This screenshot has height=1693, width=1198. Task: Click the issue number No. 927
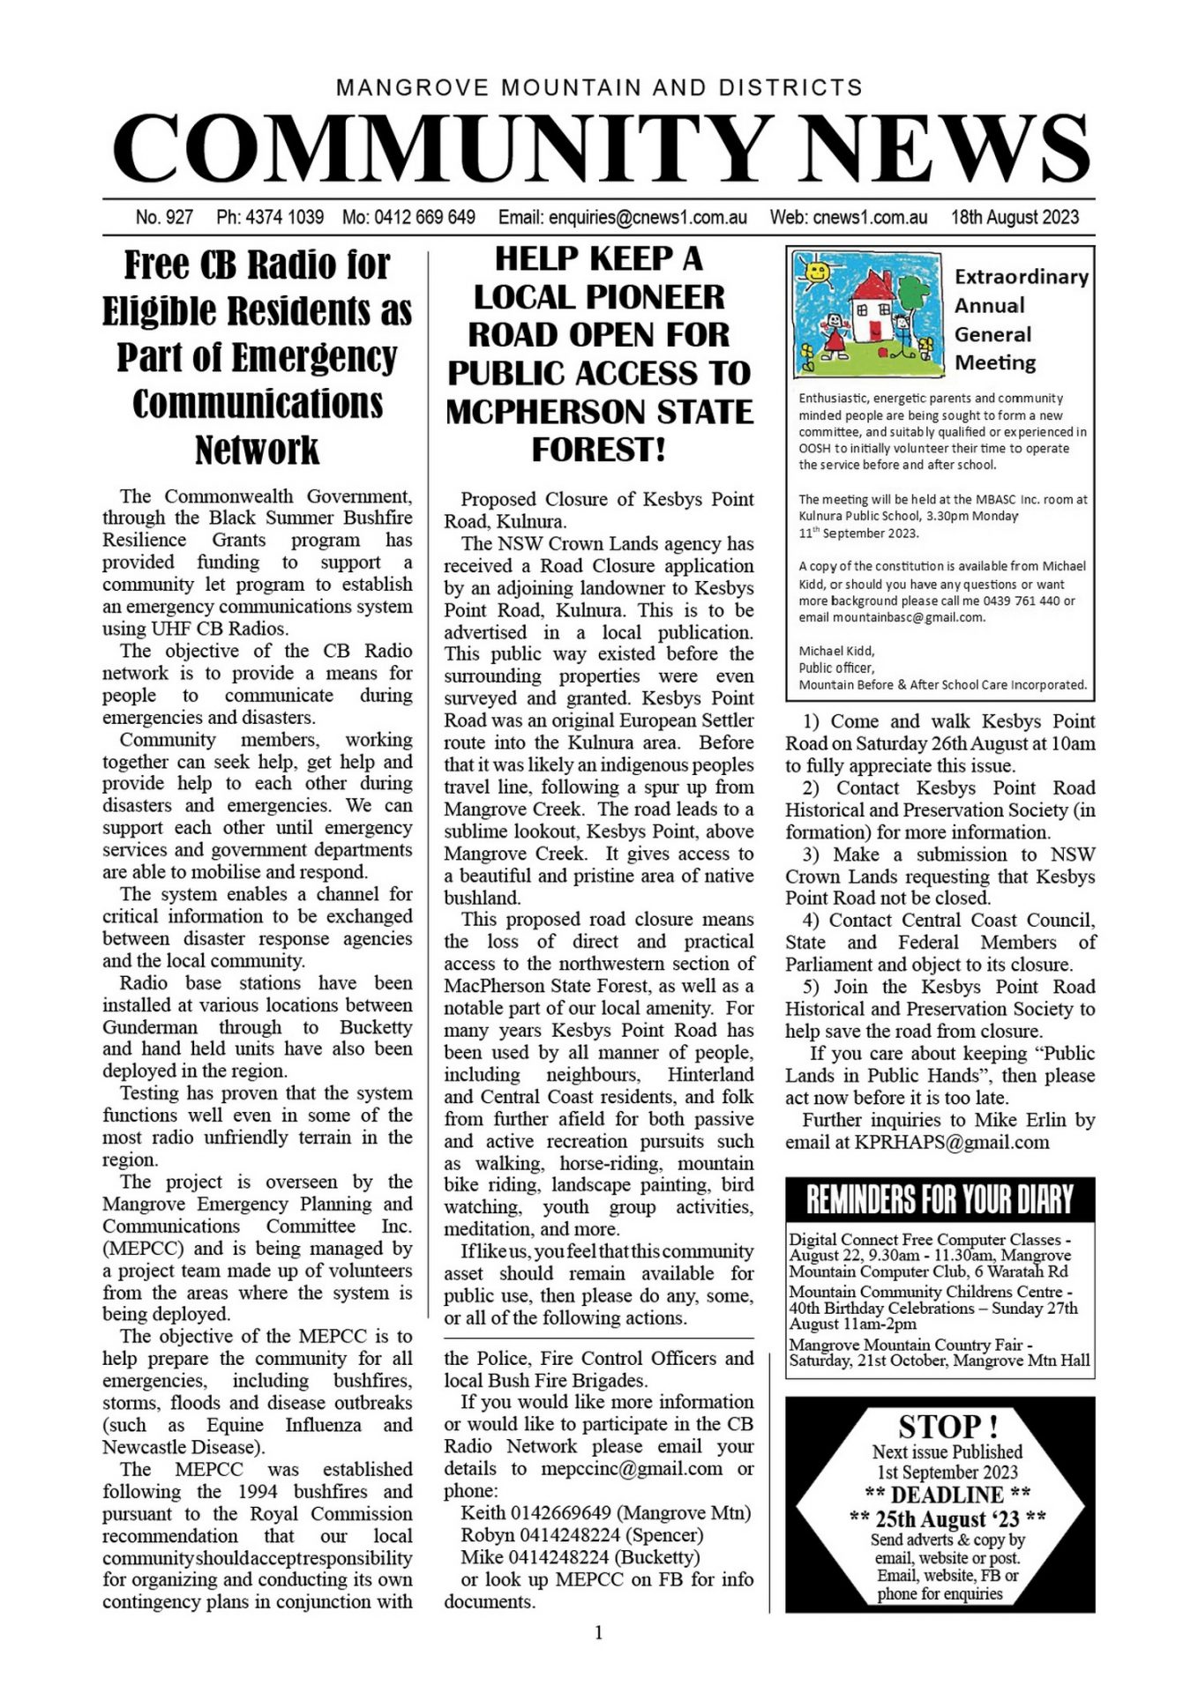164,217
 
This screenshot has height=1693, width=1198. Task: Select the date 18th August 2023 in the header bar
1015,217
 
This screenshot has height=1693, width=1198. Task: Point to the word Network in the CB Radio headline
257,450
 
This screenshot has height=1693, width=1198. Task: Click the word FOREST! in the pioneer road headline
598,450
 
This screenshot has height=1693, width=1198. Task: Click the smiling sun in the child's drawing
817,268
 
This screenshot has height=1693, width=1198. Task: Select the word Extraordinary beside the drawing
1021,277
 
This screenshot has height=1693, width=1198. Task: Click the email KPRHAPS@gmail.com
952,1142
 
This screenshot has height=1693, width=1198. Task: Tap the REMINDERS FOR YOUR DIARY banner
940,1199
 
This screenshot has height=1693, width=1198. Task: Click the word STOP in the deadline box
937,1426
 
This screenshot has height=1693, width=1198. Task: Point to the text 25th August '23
947,1518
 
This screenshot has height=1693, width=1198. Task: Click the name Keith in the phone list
483,1513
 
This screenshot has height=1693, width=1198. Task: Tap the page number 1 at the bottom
599,1633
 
